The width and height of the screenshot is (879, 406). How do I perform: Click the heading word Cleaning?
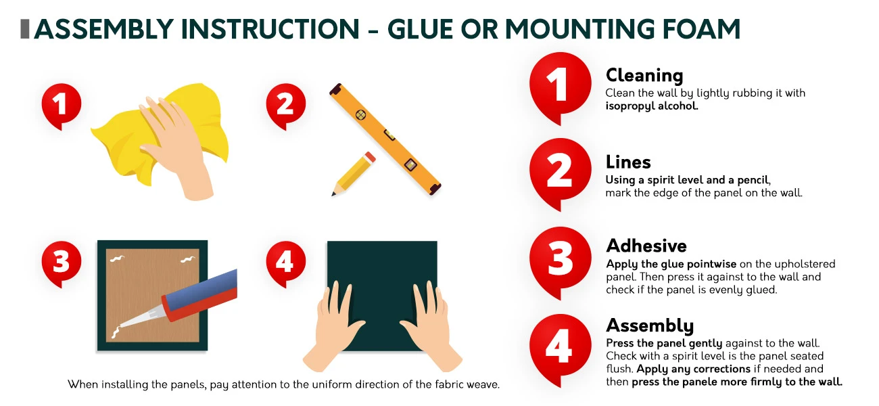pyautogui.click(x=644, y=75)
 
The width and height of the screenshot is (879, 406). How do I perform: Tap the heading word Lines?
pyautogui.click(x=628, y=162)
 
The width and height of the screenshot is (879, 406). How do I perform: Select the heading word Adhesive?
pyautogui.click(x=646, y=246)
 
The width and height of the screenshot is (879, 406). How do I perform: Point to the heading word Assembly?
pyautogui.click(x=650, y=326)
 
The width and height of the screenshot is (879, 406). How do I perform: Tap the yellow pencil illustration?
pyautogui.click(x=354, y=173)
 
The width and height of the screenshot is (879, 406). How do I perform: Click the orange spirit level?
pyautogui.click(x=385, y=139)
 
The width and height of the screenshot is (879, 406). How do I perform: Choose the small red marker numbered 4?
pyautogui.click(x=285, y=262)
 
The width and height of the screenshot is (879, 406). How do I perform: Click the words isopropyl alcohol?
pyautogui.click(x=651, y=106)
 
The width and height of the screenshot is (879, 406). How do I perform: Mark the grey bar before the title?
pyautogui.click(x=25, y=28)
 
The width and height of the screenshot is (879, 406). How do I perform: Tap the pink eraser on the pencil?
pyautogui.click(x=370, y=157)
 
